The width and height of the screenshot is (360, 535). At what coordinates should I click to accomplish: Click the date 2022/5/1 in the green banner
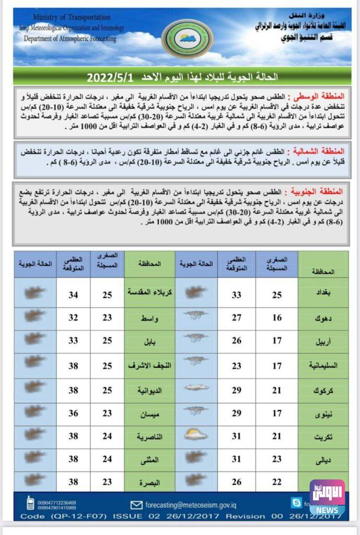tap(110, 77)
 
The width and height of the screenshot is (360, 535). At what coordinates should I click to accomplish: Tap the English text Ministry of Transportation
tap(71, 18)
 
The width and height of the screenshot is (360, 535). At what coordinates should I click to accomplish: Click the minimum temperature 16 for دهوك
tap(276, 318)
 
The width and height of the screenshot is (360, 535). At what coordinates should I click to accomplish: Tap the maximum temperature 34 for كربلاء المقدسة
tap(73, 295)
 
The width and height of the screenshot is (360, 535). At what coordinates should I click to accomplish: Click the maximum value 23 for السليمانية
tap(237, 366)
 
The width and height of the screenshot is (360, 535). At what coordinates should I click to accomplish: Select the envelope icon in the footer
tap(136, 505)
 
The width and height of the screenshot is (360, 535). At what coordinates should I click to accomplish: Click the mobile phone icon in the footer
tap(30, 503)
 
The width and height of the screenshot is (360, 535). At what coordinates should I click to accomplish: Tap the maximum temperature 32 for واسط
tap(73, 318)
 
